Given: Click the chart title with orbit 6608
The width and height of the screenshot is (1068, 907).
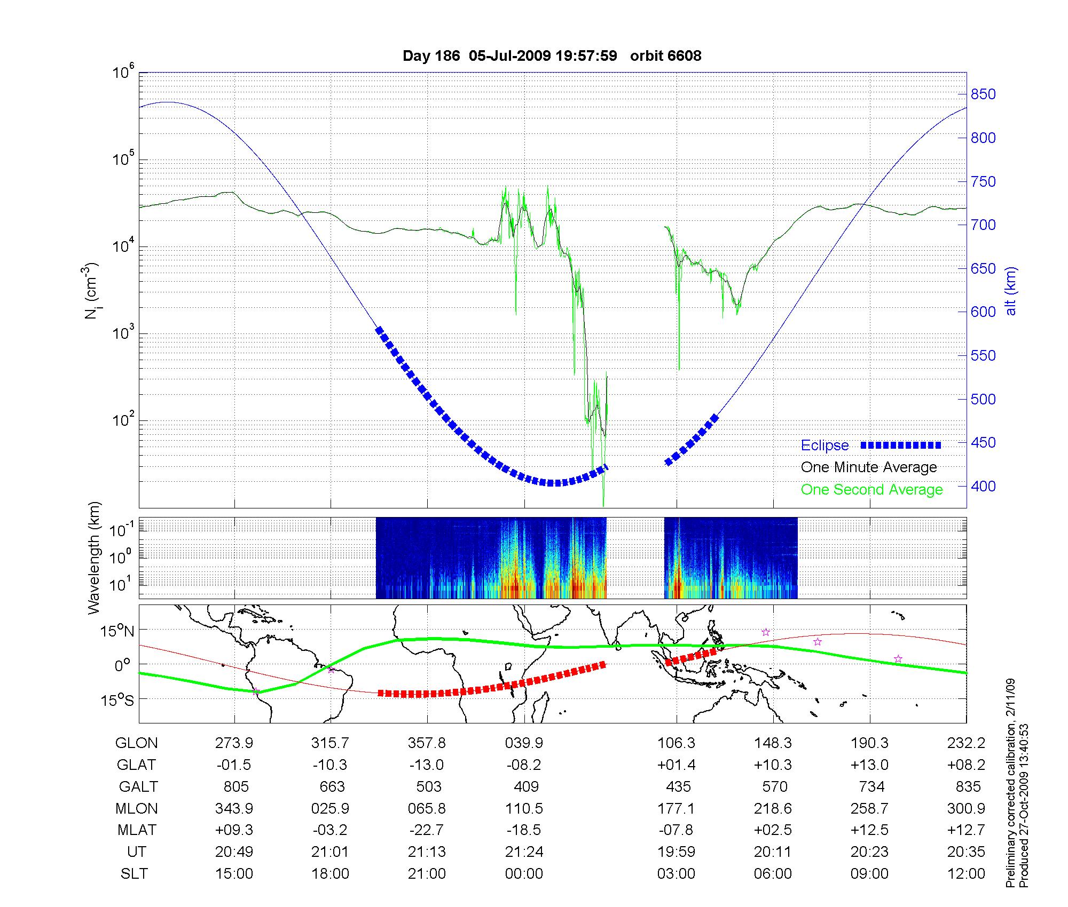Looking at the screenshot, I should tap(552, 56).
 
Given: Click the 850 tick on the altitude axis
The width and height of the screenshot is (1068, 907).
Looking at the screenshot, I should tap(983, 94).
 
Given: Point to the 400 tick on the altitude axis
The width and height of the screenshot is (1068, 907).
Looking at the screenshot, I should tap(983, 486).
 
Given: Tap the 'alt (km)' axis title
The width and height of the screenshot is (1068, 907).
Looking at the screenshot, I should tap(1011, 291).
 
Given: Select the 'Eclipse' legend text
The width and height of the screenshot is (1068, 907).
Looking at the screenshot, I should tap(824, 445).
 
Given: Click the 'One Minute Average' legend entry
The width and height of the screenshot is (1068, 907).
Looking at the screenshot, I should tap(869, 467).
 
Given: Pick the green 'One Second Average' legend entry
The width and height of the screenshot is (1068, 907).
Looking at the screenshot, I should tap(871, 490).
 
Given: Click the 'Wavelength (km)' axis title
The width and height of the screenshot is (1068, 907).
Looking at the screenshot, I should tap(95, 558).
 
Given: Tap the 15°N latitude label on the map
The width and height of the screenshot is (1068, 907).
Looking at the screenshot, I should tap(117, 631).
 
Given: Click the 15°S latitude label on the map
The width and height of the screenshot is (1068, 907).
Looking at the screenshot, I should tap(117, 699).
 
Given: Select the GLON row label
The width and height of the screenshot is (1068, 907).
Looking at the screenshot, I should tap(137, 743).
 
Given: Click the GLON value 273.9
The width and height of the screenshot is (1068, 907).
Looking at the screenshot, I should tap(234, 743).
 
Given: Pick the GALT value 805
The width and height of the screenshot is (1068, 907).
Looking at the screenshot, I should tap(235, 786).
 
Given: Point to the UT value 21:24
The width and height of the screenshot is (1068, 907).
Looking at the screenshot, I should tap(524, 852).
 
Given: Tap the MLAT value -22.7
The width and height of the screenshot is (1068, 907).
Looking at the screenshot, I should tap(427, 830).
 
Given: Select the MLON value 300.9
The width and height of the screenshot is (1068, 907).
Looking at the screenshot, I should tap(966, 808).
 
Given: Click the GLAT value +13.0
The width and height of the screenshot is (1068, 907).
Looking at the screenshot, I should tap(869, 765).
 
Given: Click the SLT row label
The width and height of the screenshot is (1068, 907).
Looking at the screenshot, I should tap(134, 873).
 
